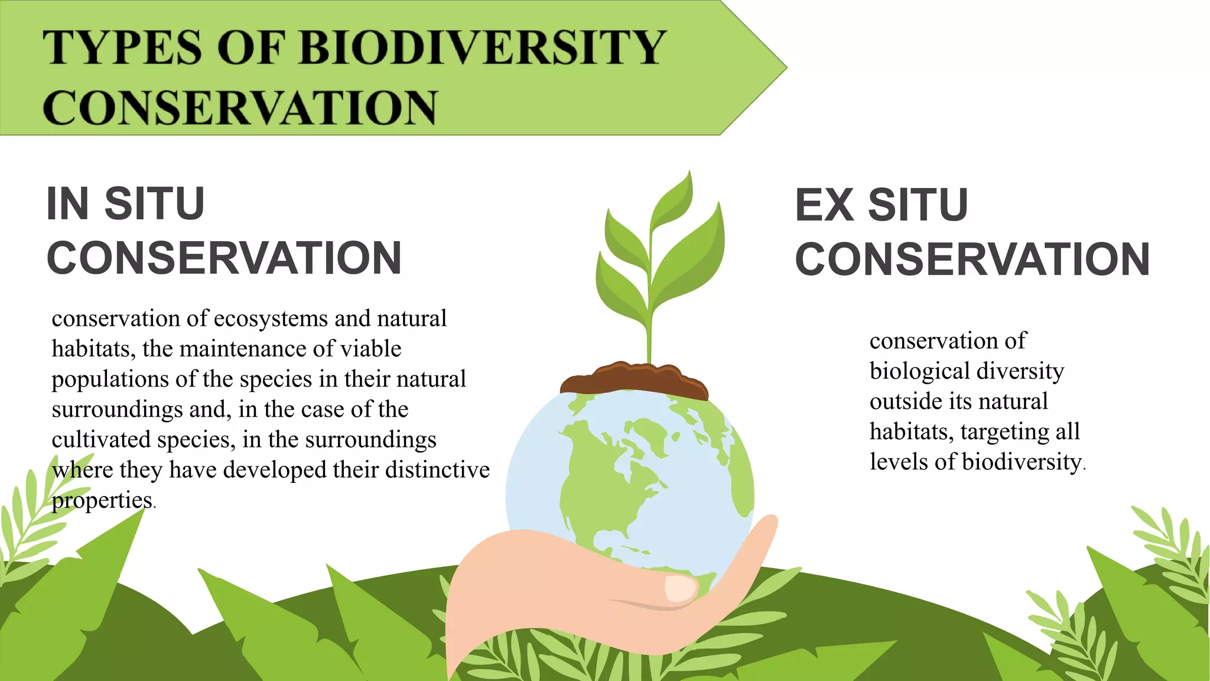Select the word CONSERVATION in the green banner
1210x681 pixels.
coord(240,108)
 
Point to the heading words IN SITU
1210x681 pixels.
coord(125,204)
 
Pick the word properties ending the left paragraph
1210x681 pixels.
coord(102,501)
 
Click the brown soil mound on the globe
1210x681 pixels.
coord(633,378)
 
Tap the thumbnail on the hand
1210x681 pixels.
coord(681,588)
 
